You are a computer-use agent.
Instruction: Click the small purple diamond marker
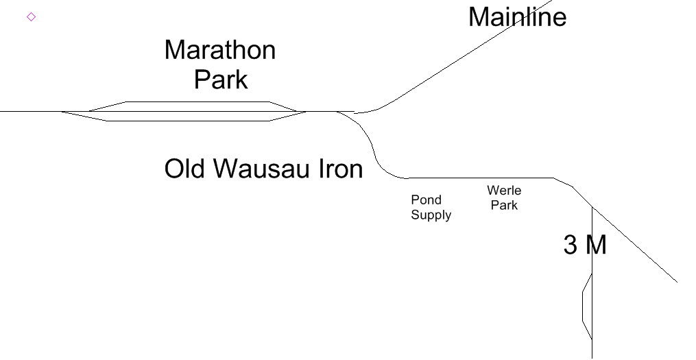pyautogui.click(x=31, y=16)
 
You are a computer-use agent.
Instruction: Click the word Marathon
pyautogui.click(x=219, y=50)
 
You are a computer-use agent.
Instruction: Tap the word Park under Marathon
pyautogui.click(x=220, y=80)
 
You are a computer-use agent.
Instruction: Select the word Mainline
pyautogui.click(x=517, y=16)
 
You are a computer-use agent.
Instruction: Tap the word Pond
pyautogui.click(x=426, y=200)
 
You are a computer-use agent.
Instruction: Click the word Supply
pyautogui.click(x=431, y=215)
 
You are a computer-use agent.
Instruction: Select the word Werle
pyautogui.click(x=504, y=190)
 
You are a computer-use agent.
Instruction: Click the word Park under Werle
pyautogui.click(x=504, y=204)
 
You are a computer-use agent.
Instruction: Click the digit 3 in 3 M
pyautogui.click(x=571, y=245)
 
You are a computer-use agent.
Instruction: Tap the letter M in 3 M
pyautogui.click(x=595, y=245)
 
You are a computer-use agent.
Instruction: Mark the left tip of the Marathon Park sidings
pyautogui.click(x=62, y=111)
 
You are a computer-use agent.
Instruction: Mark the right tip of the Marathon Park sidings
pyautogui.click(x=306, y=111)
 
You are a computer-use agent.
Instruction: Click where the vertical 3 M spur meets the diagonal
pyautogui.click(x=592, y=206)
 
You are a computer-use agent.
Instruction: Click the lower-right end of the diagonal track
pyautogui.click(x=677, y=281)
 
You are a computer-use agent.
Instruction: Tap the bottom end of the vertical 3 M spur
pyautogui.click(x=592, y=357)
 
